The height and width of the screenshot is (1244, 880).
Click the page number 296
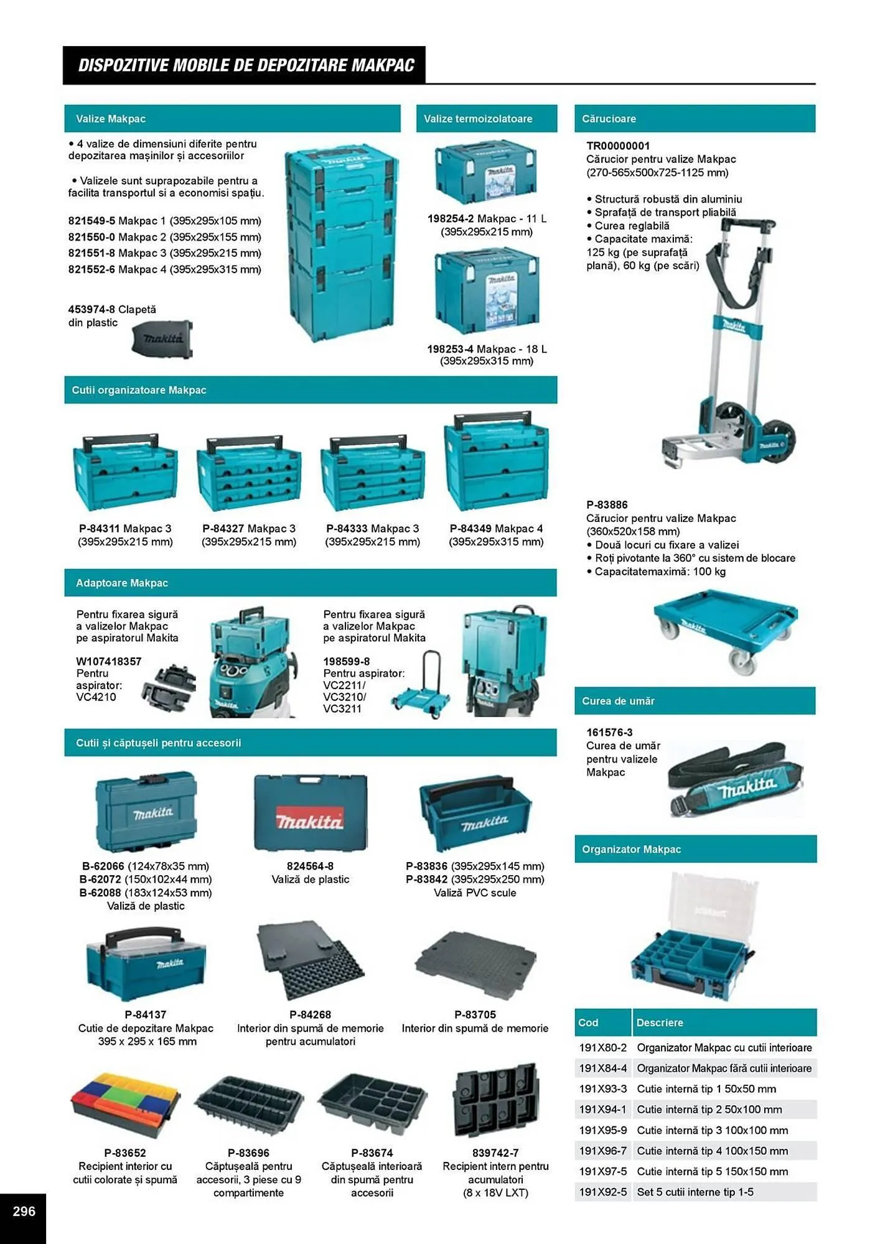(x=24, y=1210)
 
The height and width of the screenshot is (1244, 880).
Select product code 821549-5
(x=91, y=221)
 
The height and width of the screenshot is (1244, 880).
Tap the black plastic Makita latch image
(x=162, y=339)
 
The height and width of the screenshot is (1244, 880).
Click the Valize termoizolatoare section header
(x=478, y=119)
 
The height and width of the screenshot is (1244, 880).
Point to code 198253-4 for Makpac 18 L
(x=450, y=349)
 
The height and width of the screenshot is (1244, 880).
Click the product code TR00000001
(x=618, y=146)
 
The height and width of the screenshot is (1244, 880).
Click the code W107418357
(x=109, y=661)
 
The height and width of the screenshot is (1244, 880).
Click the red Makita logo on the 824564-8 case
(x=309, y=822)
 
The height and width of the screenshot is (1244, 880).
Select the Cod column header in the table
(x=589, y=1022)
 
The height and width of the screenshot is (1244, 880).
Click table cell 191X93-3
(x=602, y=1088)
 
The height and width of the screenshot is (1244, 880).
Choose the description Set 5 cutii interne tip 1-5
(x=695, y=1192)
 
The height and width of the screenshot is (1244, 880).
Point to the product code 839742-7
(x=495, y=1153)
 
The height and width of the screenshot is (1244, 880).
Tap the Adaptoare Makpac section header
(x=122, y=583)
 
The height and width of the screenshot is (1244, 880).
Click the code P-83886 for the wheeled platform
(x=607, y=504)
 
